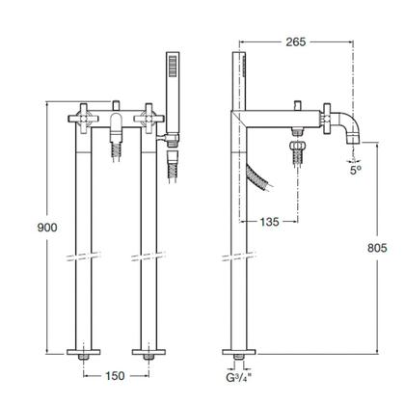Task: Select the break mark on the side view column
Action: [x=235, y=258]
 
